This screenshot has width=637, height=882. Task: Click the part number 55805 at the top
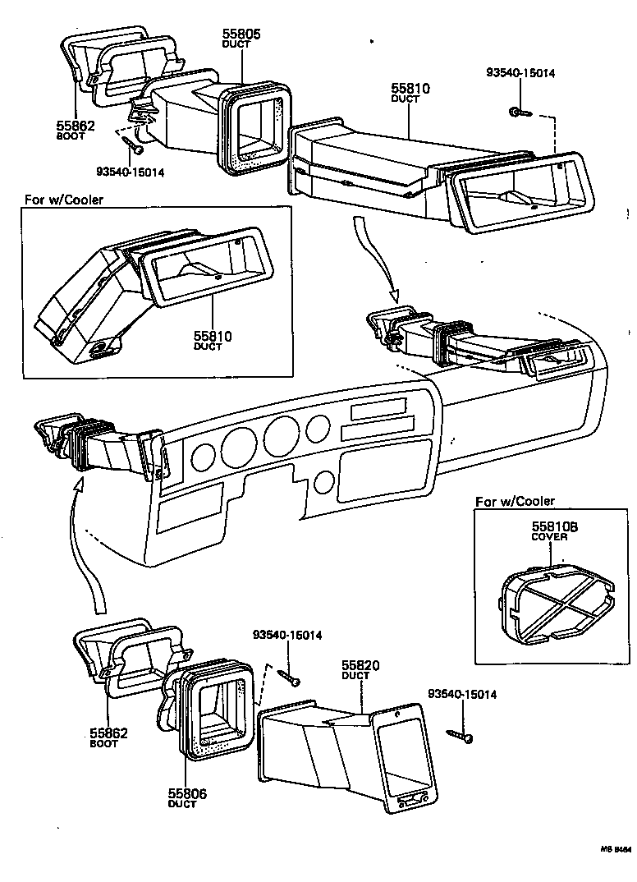click(x=241, y=34)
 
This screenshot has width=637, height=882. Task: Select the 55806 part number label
click(x=186, y=793)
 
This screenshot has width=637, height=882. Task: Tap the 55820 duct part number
click(x=356, y=666)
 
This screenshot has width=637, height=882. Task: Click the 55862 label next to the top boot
click(x=76, y=126)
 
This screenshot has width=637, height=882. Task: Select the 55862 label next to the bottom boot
click(x=108, y=733)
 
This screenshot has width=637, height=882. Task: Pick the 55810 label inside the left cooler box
click(x=213, y=336)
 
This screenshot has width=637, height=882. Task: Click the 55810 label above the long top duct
click(x=410, y=88)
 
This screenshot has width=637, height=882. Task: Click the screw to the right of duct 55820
click(x=460, y=735)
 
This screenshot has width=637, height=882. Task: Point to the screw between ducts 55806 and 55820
click(x=290, y=676)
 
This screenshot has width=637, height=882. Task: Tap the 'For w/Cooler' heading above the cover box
click(x=515, y=501)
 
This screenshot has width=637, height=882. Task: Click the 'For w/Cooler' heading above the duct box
click(x=64, y=200)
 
